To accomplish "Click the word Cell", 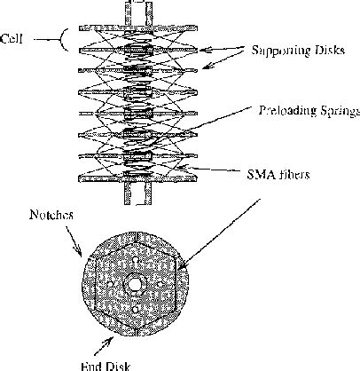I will pos(12,38).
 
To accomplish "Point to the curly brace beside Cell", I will pos(35,38).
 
